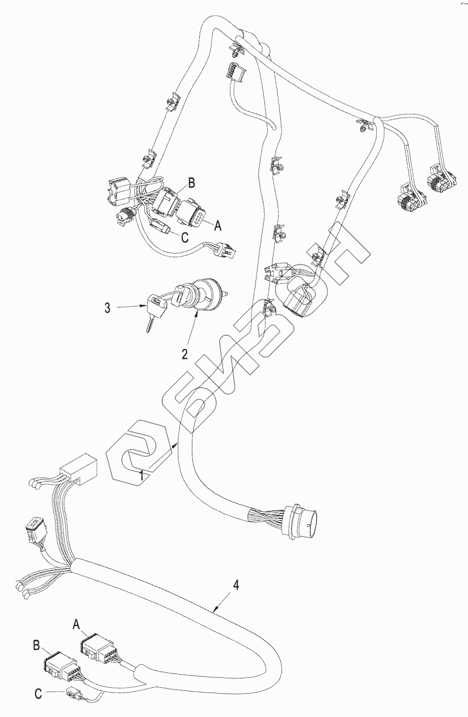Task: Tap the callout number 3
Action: tap(108, 308)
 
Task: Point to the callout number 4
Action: tap(236, 585)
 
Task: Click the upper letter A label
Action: tap(216, 226)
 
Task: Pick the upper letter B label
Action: tap(192, 184)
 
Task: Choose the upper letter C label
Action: tap(184, 238)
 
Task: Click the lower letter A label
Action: tap(75, 625)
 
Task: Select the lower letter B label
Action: tap(37, 645)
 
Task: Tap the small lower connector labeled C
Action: tap(73, 693)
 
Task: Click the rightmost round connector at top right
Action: tap(440, 182)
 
